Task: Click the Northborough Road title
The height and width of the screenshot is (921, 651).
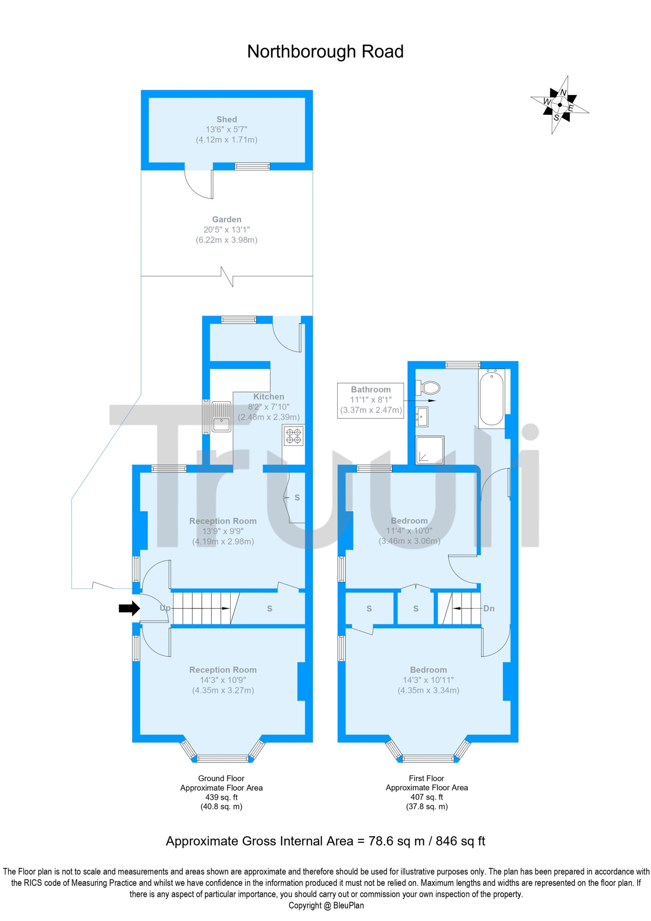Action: pos(325,52)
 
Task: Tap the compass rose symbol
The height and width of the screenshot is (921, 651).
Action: pos(560,105)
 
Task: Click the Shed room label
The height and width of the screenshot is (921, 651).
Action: pos(227,119)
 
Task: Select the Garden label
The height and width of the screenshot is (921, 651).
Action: pos(227,219)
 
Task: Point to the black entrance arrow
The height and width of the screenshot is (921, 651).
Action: pos(129,608)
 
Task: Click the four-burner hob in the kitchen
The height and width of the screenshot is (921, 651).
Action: pos(293,436)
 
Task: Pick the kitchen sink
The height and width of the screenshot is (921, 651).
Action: pos(221,417)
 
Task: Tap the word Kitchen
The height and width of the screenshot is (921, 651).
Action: pos(268,397)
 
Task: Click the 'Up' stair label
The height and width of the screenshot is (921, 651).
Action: pos(165,608)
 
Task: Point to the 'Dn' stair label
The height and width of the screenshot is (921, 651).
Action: pos(488,608)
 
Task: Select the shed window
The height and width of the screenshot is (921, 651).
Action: pos(252,166)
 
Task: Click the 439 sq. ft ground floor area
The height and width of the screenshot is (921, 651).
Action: pos(222,797)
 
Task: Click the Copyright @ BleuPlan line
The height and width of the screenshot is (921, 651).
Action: pos(326,906)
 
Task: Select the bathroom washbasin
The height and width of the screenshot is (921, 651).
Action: pos(422,417)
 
